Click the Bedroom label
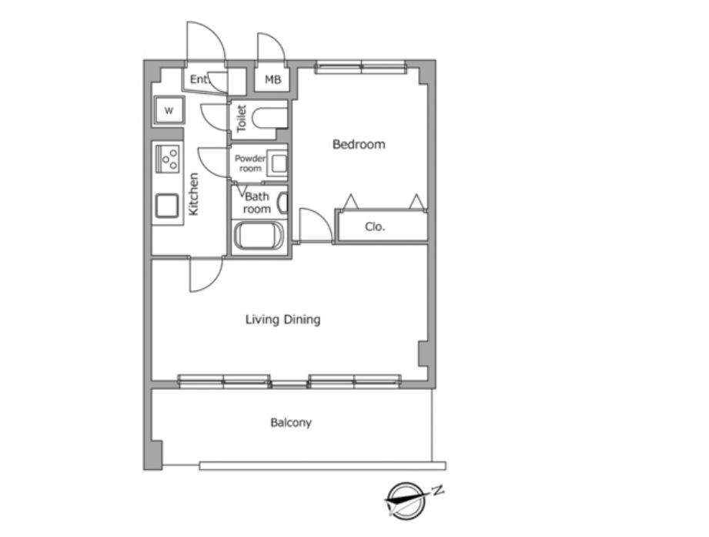pyautogui.click(x=359, y=144)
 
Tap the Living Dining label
pyautogui.click(x=283, y=320)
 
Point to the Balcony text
pyautogui.click(x=291, y=422)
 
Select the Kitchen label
pyautogui.click(x=193, y=194)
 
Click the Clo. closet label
pyautogui.click(x=375, y=227)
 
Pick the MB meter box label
pyautogui.click(x=273, y=80)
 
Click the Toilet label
pyautogui.click(x=242, y=118)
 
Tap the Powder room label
pyautogui.click(x=250, y=163)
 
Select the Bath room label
pyautogui.click(x=257, y=203)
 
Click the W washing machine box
pyautogui.click(x=169, y=110)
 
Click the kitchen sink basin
pyautogui.click(x=167, y=206)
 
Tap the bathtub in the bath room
pyautogui.click(x=258, y=236)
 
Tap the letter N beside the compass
pyautogui.click(x=437, y=491)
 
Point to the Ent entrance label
pyautogui.click(x=199, y=79)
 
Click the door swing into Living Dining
pyautogui.click(x=206, y=274)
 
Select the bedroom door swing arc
pyautogui.click(x=316, y=225)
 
